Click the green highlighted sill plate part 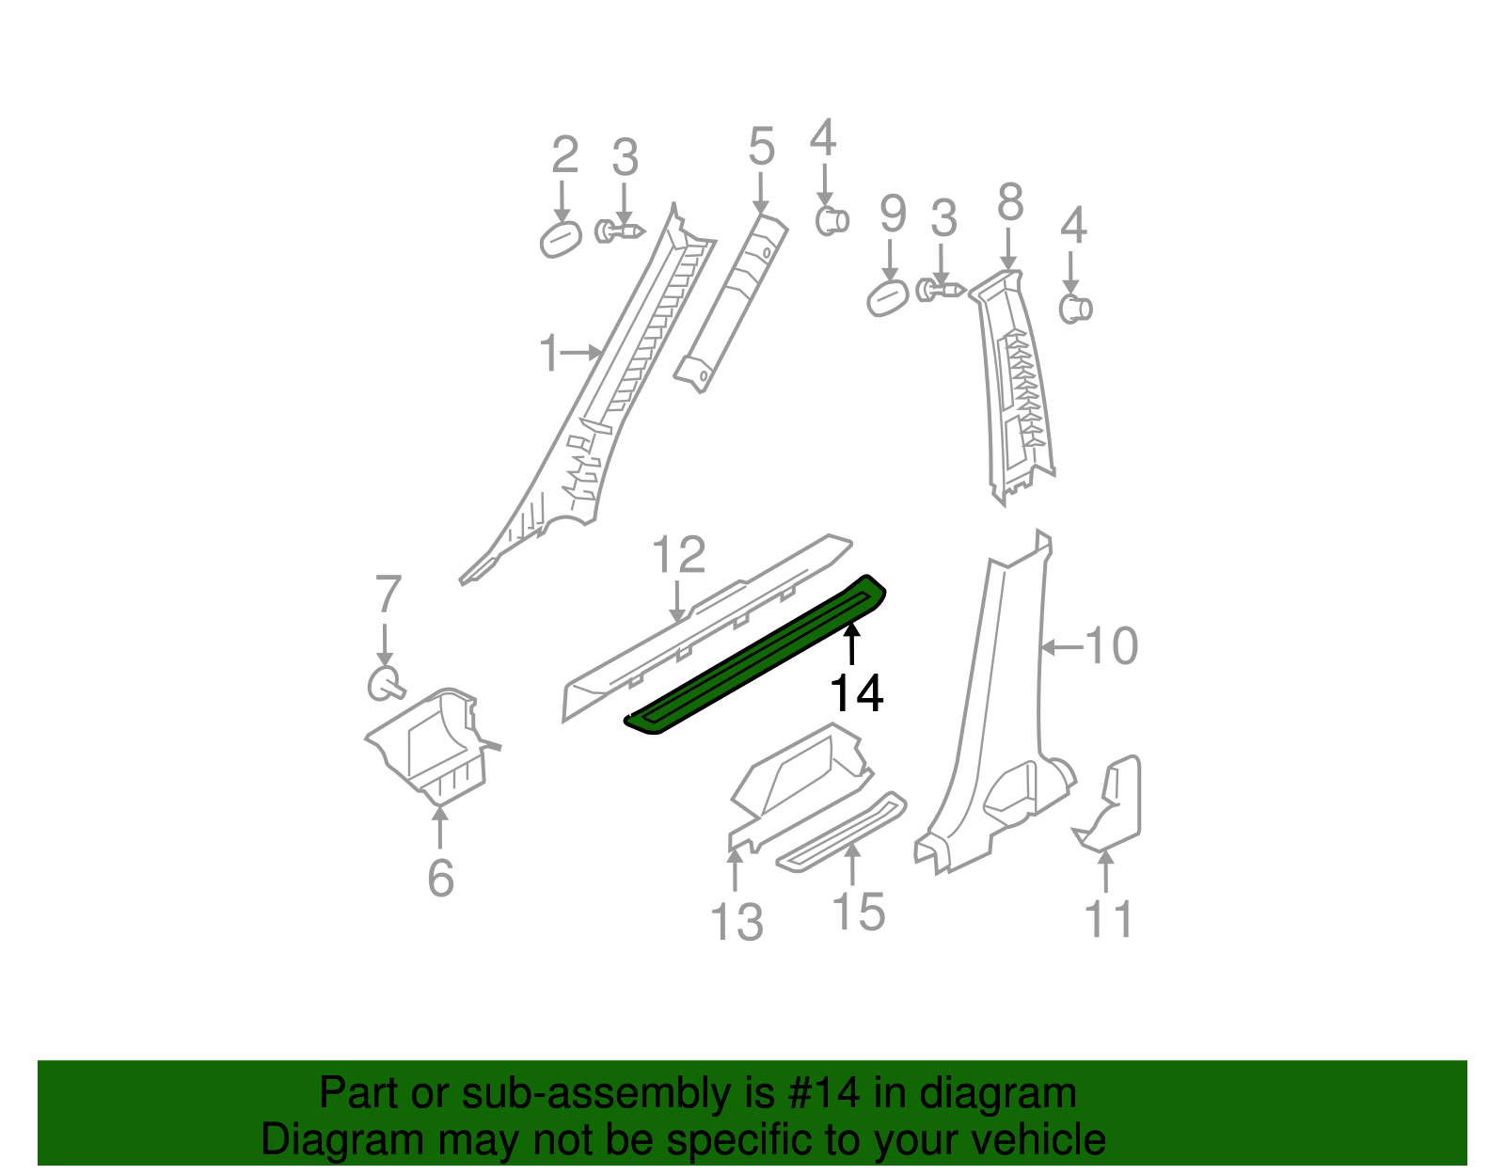[x=752, y=659]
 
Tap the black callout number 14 [x=856, y=694]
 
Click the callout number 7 [x=388, y=595]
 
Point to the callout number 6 [x=440, y=879]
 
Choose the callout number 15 [x=859, y=912]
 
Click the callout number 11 [x=1109, y=919]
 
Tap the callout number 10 [x=1111, y=646]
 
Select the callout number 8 [x=1009, y=201]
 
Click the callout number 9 [x=893, y=214]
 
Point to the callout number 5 [x=761, y=148]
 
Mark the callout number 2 [x=564, y=155]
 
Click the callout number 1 [x=549, y=354]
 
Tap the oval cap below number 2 [x=561, y=238]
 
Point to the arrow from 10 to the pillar [x=1061, y=647]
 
